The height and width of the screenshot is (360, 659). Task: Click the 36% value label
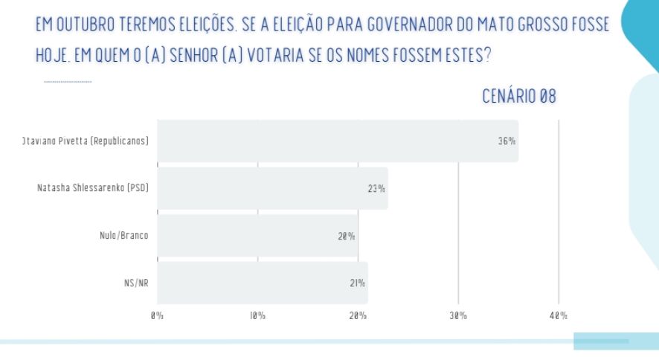coord(507,141)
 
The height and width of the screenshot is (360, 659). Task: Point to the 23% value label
coord(376,188)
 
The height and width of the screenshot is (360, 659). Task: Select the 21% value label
coord(356,283)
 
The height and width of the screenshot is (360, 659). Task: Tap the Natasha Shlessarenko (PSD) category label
coord(93,188)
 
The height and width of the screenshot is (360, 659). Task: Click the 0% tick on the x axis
coord(157,315)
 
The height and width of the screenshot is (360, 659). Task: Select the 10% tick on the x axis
coord(257,315)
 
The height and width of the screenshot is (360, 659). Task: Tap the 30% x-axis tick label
coord(458,315)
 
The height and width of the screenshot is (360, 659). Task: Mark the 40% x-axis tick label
coord(559,315)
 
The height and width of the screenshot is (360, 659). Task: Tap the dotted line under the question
coord(68,81)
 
